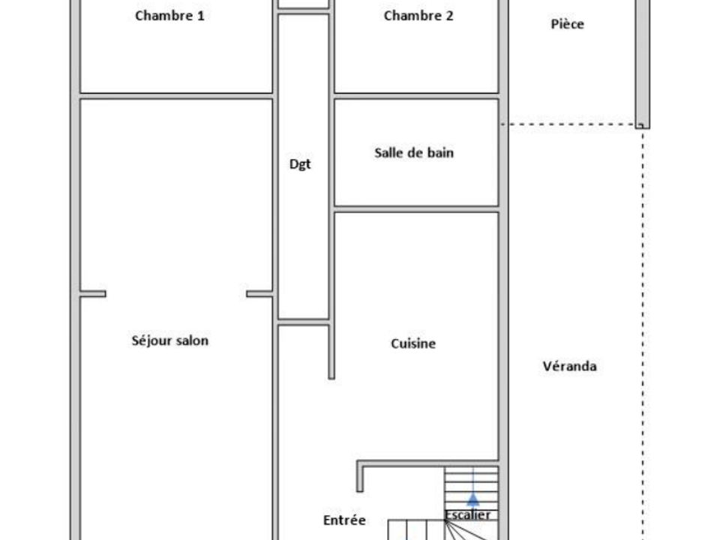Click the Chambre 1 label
169,16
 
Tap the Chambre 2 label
418,16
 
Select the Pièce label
568,24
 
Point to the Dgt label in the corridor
300,164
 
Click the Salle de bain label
414,152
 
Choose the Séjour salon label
170,340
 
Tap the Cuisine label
413,343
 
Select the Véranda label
569,366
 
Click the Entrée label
344,520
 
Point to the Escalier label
467,515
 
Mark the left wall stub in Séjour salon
93,294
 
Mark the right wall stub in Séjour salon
259,294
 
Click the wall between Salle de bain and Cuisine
416,209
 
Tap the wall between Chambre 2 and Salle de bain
416,96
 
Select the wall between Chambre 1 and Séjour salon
176,96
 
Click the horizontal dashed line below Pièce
569,124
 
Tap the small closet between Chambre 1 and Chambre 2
304,4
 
